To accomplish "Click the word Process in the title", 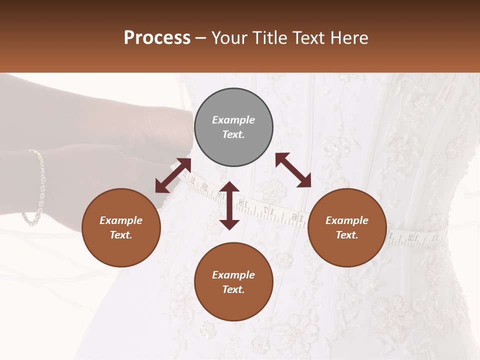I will (x=157, y=38).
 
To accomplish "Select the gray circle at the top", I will (x=233, y=127).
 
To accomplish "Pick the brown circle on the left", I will (x=121, y=228).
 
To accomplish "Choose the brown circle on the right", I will (x=346, y=228).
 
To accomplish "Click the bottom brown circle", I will (x=233, y=282).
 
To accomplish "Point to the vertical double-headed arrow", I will (x=229, y=205).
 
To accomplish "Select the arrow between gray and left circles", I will (x=173, y=175).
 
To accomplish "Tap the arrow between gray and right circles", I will (x=293, y=170).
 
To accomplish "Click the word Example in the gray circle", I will (x=233, y=120).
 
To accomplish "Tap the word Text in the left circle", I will (x=120, y=235).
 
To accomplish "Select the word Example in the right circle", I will (x=346, y=220).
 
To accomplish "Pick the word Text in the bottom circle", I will (x=233, y=289).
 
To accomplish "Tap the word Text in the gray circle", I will (x=233, y=135).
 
